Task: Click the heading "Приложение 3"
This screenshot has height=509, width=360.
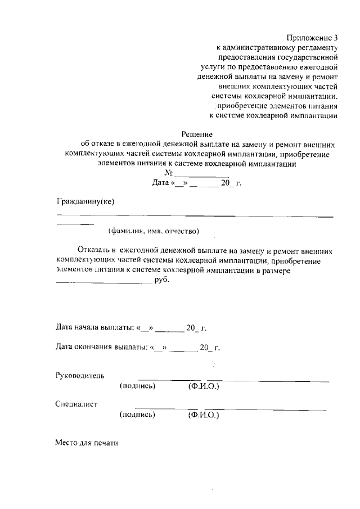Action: pos(311,38)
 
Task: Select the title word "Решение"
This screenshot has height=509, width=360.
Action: pos(196,134)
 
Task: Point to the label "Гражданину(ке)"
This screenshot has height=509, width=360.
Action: pos(85,202)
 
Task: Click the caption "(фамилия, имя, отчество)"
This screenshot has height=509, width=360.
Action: pos(154,231)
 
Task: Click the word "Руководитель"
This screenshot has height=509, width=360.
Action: pos(79,375)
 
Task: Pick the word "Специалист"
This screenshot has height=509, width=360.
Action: pos(76,404)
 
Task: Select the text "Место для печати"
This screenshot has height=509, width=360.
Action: pos(87,443)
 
